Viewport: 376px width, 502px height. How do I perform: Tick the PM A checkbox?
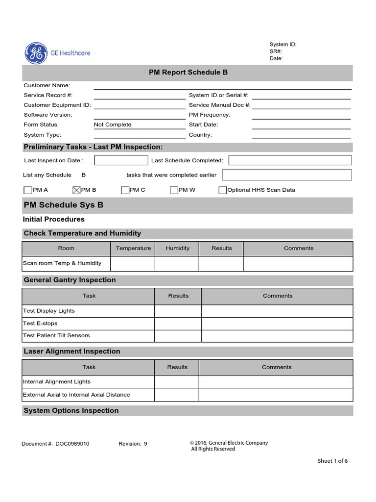pyautogui.click(x=27, y=190)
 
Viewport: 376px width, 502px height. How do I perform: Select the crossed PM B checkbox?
pyautogui.click(x=76, y=190)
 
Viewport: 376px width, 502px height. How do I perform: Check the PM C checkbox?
pyautogui.click(x=125, y=190)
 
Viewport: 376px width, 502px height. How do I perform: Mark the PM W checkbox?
pyautogui.click(x=174, y=190)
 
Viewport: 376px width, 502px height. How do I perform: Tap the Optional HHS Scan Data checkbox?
pyautogui.click(x=223, y=190)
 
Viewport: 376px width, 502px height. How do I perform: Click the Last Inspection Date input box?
pyautogui.click(x=121, y=160)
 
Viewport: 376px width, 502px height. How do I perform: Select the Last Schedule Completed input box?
pyautogui.click(x=290, y=160)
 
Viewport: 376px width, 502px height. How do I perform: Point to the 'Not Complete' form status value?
pyautogui.click(x=113, y=125)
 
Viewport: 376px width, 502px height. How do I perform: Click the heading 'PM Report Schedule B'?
pyautogui.click(x=188, y=72)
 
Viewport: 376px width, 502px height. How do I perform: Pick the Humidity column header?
pyautogui.click(x=177, y=248)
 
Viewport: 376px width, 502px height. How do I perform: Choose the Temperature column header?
pyautogui.click(x=133, y=248)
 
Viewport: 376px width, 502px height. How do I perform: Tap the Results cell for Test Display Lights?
pyautogui.click(x=178, y=311)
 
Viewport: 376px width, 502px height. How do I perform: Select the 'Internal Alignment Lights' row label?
pyautogui.click(x=57, y=381)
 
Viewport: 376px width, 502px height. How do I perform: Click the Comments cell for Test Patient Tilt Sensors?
pyautogui.click(x=277, y=336)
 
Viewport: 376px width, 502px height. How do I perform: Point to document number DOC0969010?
pyautogui.click(x=72, y=444)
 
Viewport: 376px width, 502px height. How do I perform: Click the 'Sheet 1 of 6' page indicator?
pyautogui.click(x=333, y=461)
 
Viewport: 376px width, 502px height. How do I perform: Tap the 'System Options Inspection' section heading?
pyautogui.click(x=71, y=410)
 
